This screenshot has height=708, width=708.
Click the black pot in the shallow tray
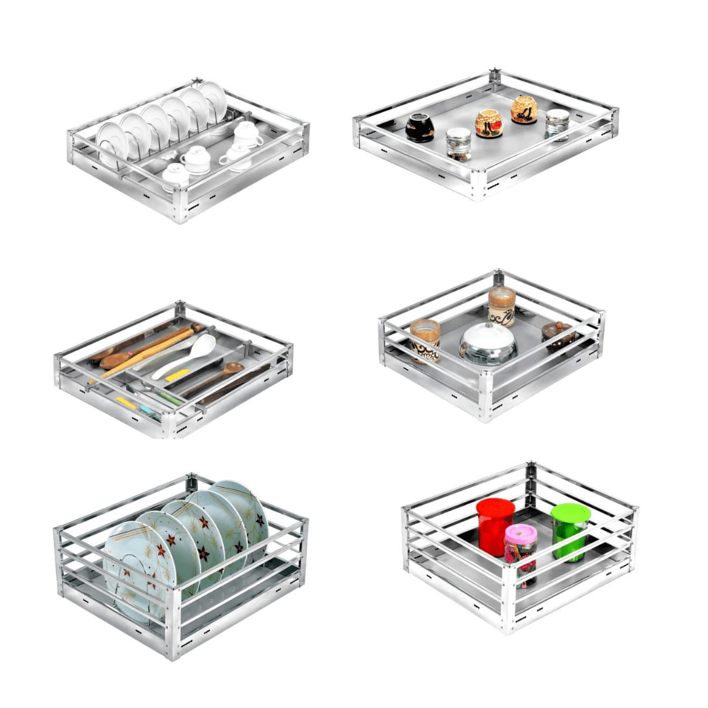[420, 128]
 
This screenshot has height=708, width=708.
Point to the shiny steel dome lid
[488, 344]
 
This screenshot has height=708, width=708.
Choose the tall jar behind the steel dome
[501, 305]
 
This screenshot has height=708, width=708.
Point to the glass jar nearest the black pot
[459, 144]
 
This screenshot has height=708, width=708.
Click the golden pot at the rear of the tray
[524, 109]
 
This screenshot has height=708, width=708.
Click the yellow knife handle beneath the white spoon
[177, 376]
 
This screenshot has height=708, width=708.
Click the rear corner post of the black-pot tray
[494, 79]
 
